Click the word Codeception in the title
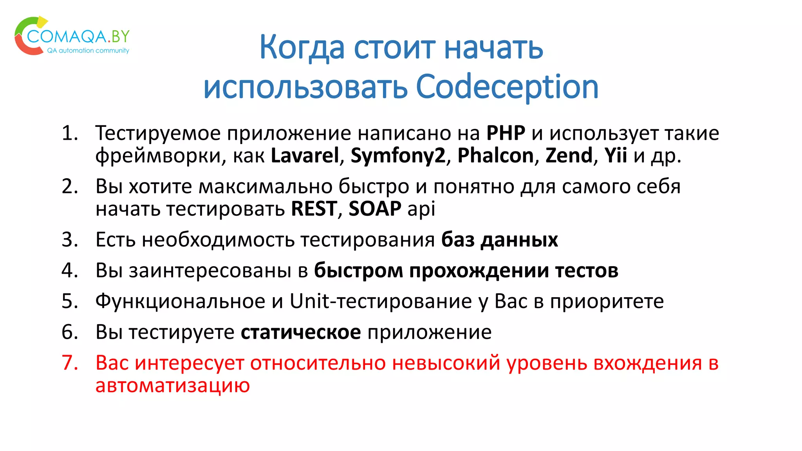pyautogui.click(x=507, y=87)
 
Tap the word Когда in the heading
pyautogui.click(x=302, y=47)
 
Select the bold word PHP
pyautogui.click(x=506, y=133)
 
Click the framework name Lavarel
pyautogui.click(x=305, y=155)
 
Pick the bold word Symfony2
pyautogui.click(x=398, y=155)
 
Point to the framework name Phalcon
pyautogui.click(x=495, y=155)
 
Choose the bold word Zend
pyautogui.click(x=569, y=155)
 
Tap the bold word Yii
pyautogui.click(x=616, y=155)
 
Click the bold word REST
pyautogui.click(x=314, y=209)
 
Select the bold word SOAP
pyautogui.click(x=375, y=209)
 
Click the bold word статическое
pyautogui.click(x=300, y=332)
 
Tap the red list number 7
pyautogui.click(x=70, y=363)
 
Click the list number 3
pyautogui.click(x=70, y=240)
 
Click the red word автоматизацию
pyautogui.click(x=173, y=385)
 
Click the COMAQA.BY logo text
pyautogui.click(x=78, y=36)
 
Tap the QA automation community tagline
pyautogui.click(x=88, y=51)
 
